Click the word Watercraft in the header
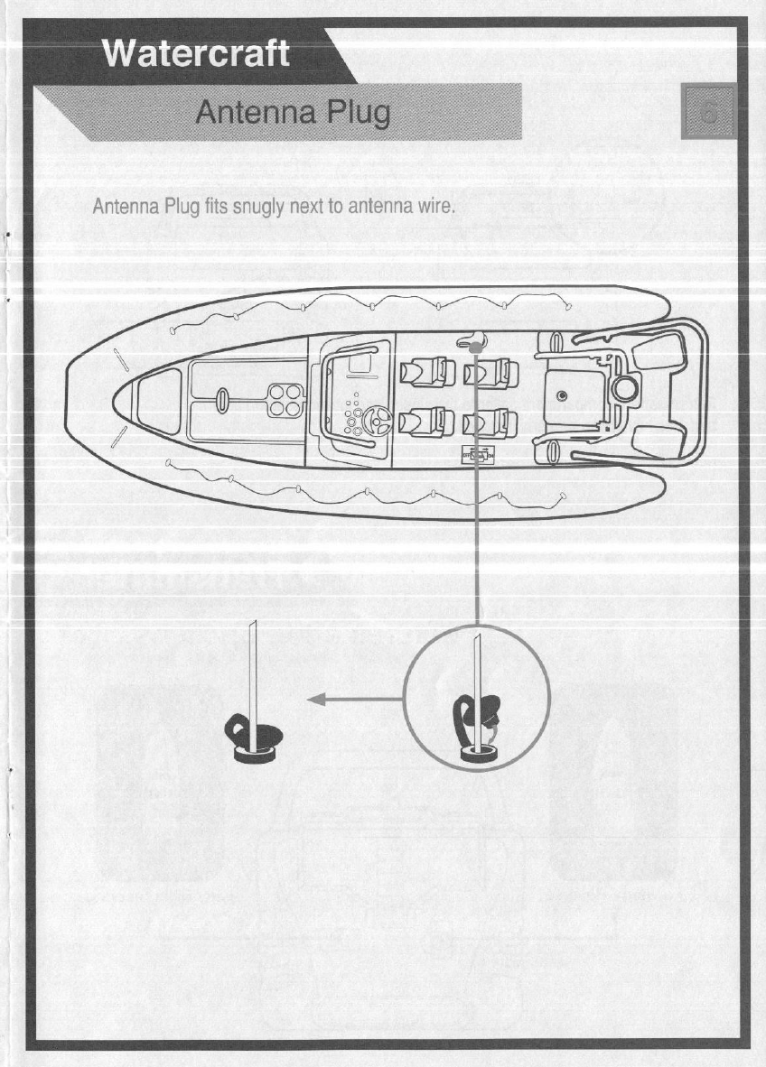tap(197, 53)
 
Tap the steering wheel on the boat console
tap(376, 419)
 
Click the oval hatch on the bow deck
tap(221, 399)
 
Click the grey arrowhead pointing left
tap(315, 698)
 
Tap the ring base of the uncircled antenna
tap(253, 752)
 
